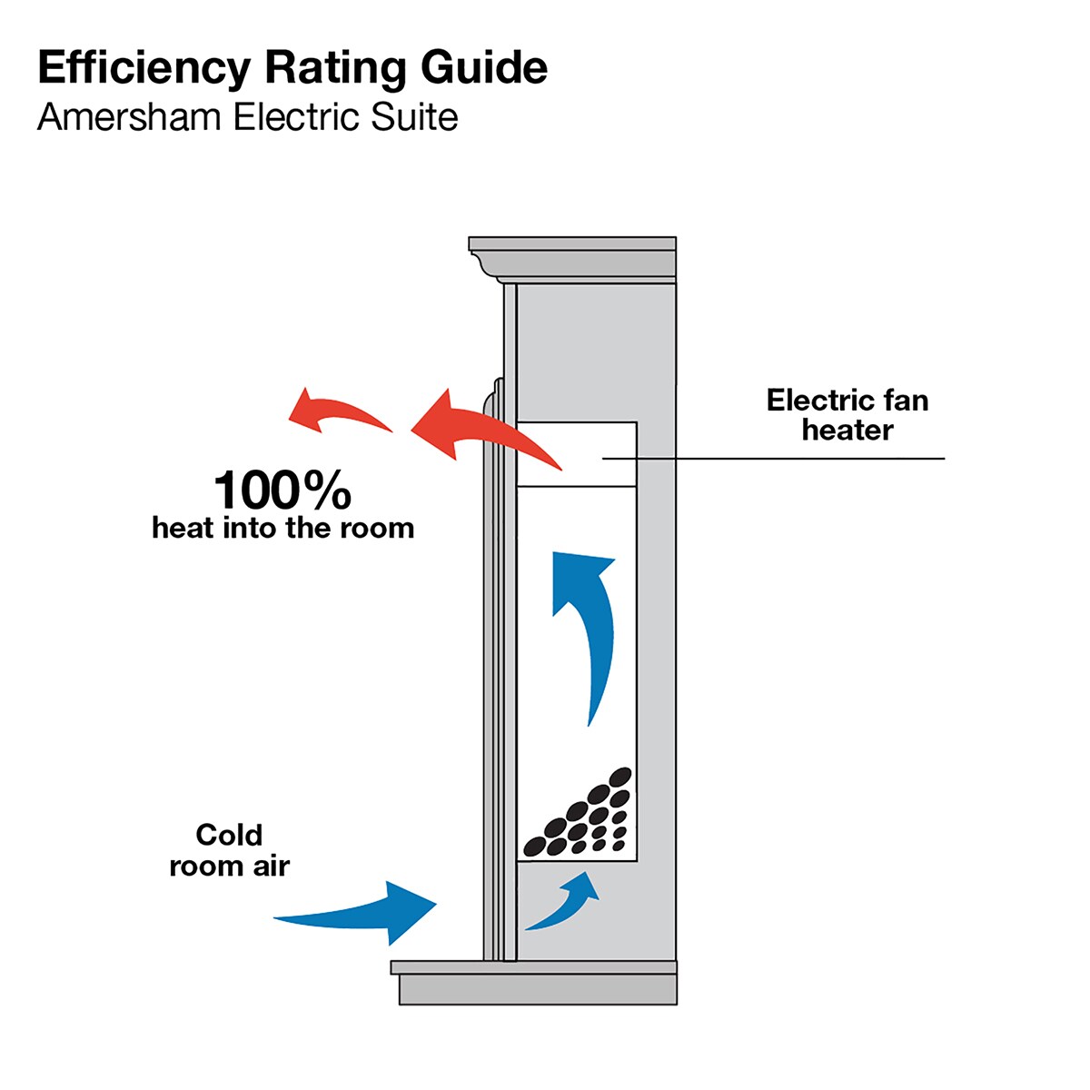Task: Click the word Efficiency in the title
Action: (144, 69)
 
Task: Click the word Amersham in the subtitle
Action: (129, 118)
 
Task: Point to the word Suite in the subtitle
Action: (414, 118)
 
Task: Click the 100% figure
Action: (282, 490)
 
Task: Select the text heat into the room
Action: (282, 529)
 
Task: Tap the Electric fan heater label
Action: (847, 414)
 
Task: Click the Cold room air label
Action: (230, 850)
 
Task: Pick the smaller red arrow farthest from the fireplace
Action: (340, 411)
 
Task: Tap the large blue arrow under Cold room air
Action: (355, 913)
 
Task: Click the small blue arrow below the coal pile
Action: (563, 901)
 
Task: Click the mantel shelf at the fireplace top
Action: (572, 260)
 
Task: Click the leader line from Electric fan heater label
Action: (773, 458)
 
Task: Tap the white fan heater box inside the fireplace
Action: (577, 453)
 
